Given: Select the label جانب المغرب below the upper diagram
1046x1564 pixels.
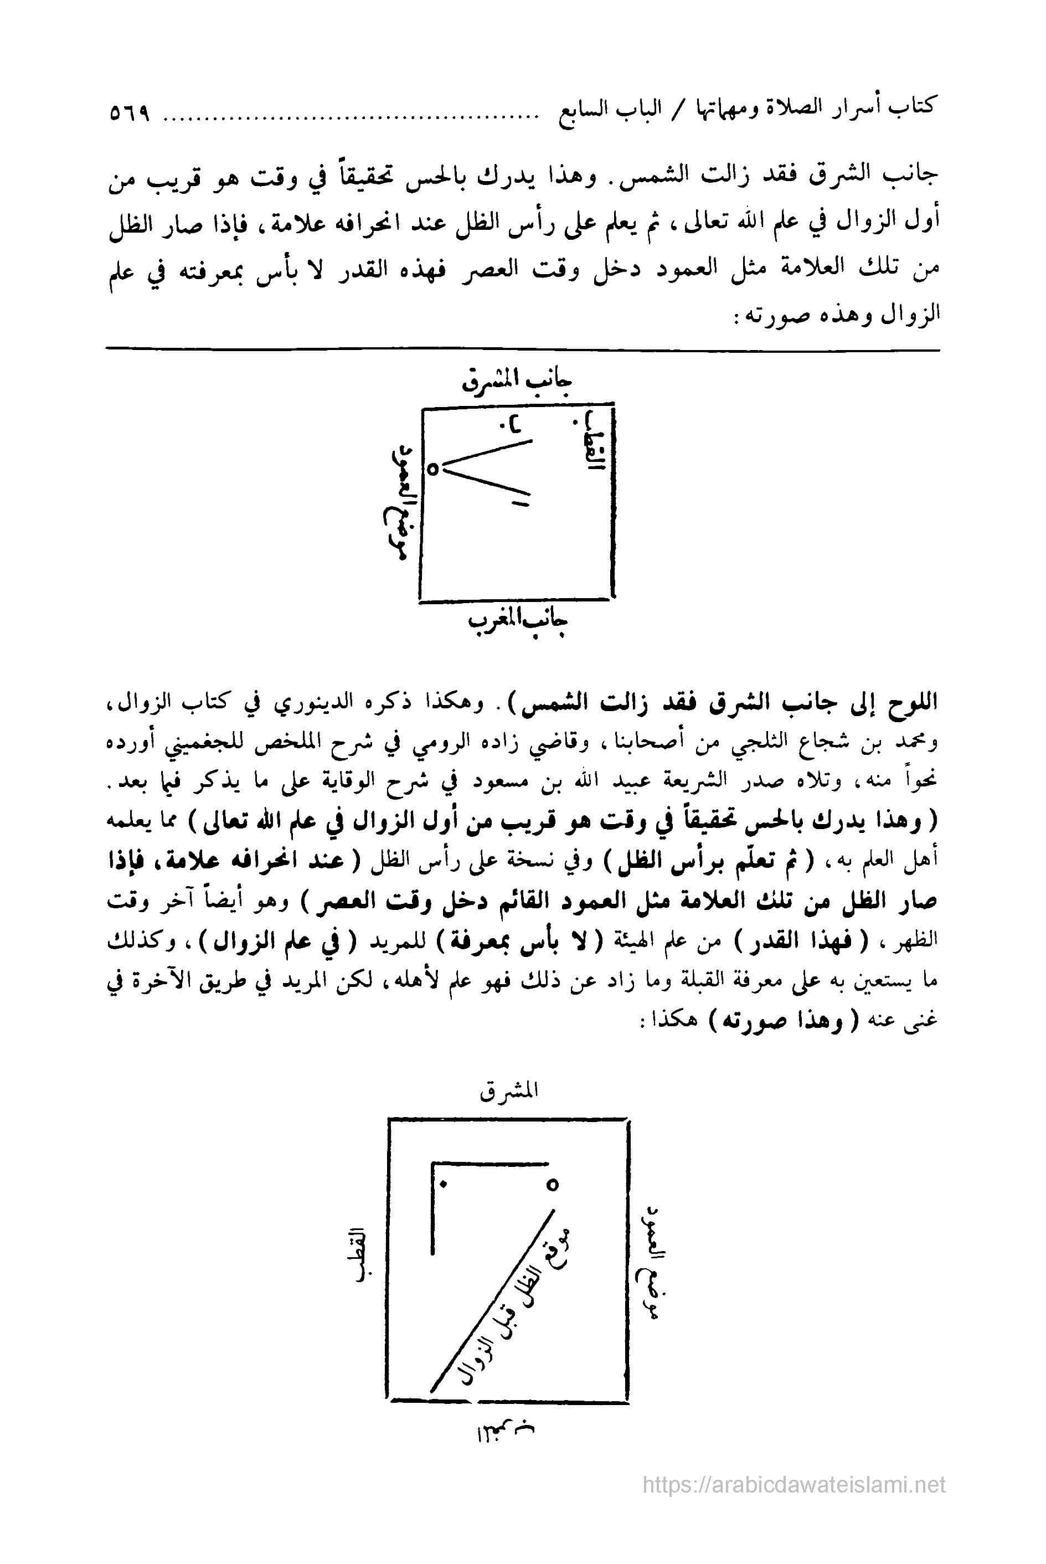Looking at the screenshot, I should click(518, 622).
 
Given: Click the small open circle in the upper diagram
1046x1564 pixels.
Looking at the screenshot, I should click(432, 469).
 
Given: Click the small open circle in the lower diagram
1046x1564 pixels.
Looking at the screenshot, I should click(552, 1185).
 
